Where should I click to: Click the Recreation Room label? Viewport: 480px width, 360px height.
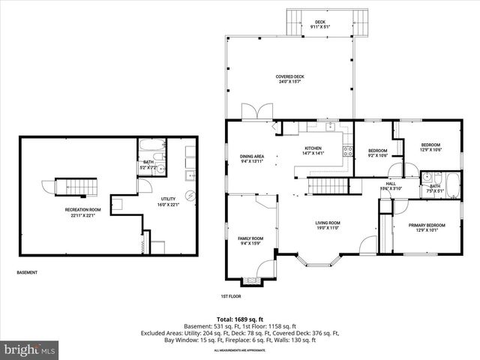82,211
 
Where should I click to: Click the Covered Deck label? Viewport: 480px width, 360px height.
289,79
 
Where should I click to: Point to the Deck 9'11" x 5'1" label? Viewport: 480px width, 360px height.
320,24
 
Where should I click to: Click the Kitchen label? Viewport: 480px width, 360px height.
312,151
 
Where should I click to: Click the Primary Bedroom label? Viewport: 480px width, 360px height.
426,227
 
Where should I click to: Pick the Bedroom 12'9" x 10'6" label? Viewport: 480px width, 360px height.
430,147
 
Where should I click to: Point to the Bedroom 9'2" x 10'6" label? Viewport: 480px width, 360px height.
377,153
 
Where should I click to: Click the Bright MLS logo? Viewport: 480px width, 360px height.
30,349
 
